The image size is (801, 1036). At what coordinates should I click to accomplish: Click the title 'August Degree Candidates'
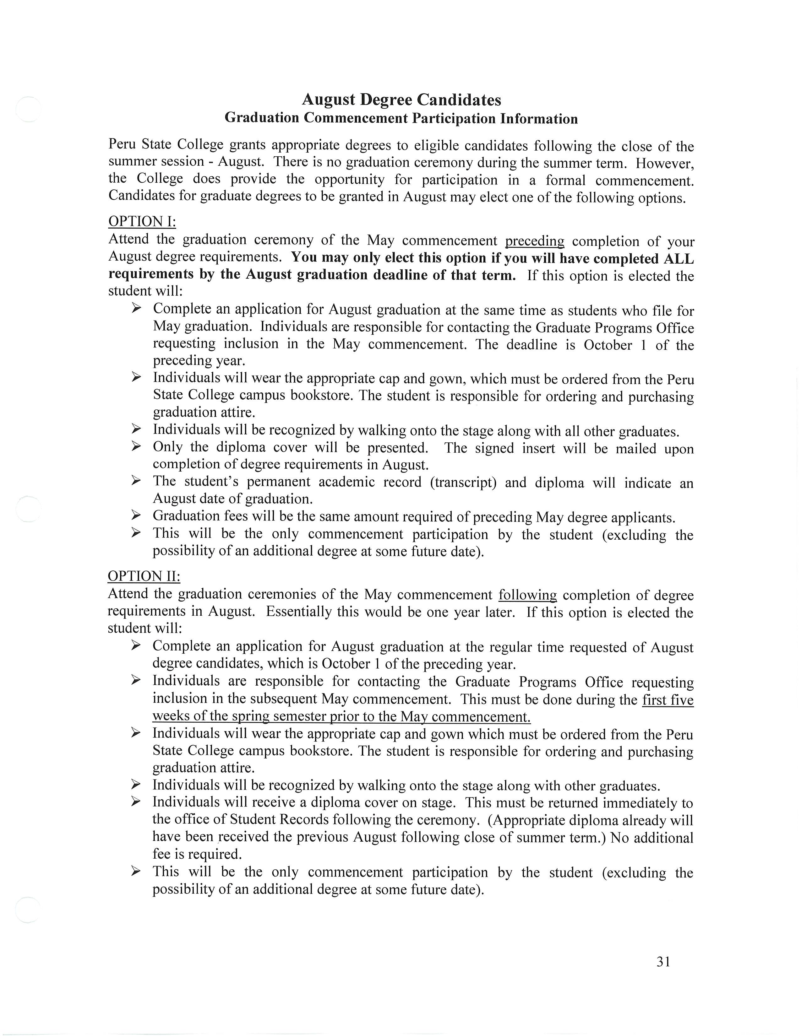coord(401,100)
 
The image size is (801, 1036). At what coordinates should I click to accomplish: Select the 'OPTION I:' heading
coord(142,222)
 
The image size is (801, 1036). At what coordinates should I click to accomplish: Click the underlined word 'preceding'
coord(534,241)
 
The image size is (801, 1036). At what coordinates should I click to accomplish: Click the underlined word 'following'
coord(527,595)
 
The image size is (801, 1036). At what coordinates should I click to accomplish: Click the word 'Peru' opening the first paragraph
coord(122,144)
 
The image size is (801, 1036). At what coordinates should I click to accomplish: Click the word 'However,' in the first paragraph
coord(665,163)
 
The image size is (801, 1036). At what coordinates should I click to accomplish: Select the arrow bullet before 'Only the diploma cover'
coord(136,447)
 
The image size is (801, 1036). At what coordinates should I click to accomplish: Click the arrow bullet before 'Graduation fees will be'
coord(136,515)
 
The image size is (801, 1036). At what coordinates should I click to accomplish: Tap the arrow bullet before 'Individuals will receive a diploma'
coord(136,802)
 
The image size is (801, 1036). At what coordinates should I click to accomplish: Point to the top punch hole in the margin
coord(28,110)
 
